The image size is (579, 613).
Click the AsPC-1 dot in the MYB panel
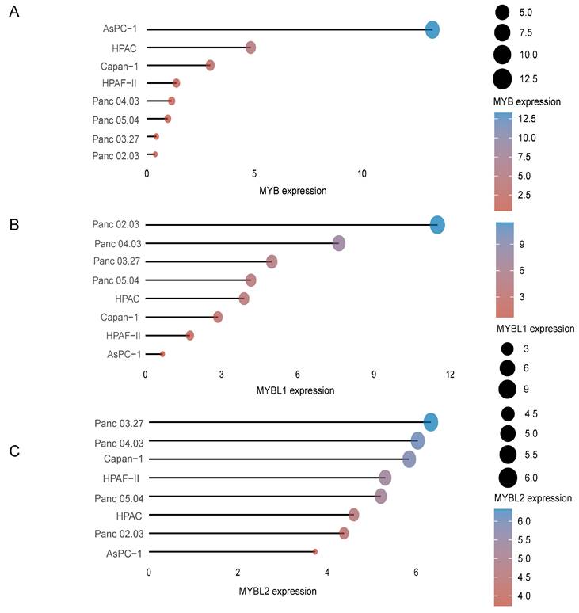tap(432, 30)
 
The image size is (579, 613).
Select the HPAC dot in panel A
tap(250, 48)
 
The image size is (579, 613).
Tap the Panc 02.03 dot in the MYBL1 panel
tap(436, 225)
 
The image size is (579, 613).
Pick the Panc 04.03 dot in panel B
tap(339, 243)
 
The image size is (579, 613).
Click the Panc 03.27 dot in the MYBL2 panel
tap(431, 422)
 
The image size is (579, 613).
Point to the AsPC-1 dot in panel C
tap(315, 551)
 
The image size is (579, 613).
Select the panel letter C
tap(13, 451)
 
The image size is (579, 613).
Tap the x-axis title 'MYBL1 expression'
tap(296, 390)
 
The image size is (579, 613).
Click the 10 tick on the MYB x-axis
tap(362, 173)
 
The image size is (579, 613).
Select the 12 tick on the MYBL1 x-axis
tap(450, 373)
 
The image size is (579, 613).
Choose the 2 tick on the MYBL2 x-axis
tap(238, 572)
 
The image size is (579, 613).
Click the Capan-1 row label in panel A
tap(120, 66)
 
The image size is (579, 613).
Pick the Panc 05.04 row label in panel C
tap(116, 497)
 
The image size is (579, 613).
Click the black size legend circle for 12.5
tap(501, 78)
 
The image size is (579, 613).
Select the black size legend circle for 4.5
tap(508, 413)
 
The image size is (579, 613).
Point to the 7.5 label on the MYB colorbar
tap(527, 156)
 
